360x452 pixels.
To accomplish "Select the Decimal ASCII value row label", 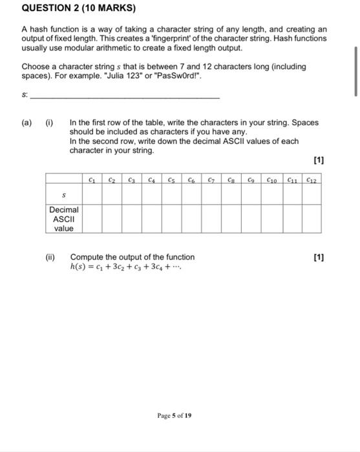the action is [63, 219].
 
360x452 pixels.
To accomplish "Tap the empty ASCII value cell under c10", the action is [271, 219].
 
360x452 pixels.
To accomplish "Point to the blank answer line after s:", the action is [126, 96].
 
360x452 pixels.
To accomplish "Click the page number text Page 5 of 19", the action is [174, 416].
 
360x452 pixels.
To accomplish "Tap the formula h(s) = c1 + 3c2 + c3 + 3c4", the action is [125, 266].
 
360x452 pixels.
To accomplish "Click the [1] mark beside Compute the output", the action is [317, 257].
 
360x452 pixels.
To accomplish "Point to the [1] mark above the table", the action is [317, 159].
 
